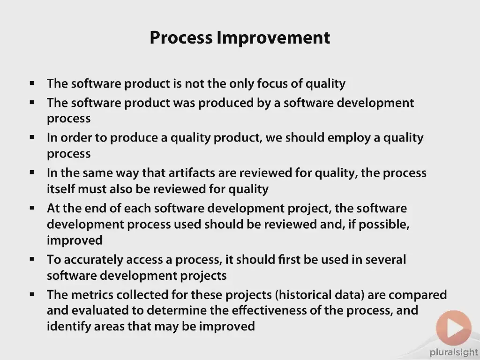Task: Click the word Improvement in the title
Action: (273, 38)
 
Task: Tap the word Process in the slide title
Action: (181, 38)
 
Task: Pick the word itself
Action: (60, 189)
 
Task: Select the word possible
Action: (384, 225)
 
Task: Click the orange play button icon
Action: (453, 328)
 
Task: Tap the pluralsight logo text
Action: (454, 352)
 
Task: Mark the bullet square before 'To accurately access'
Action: (32, 259)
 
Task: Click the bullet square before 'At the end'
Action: (32, 208)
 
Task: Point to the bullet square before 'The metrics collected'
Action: (32, 294)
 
